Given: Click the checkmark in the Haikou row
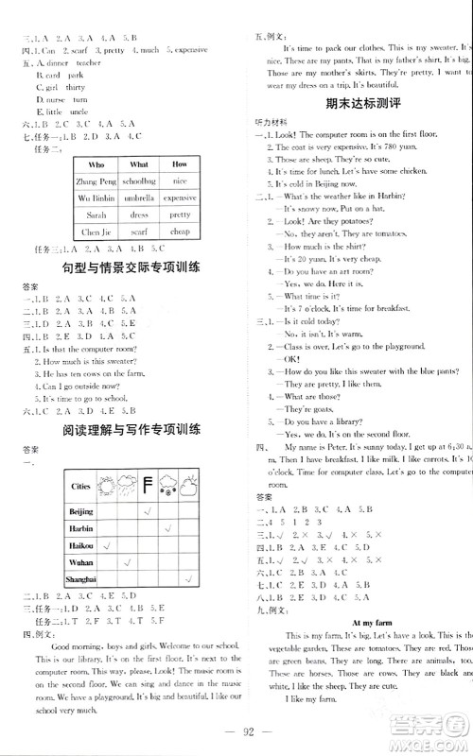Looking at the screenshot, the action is (x=107, y=546).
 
